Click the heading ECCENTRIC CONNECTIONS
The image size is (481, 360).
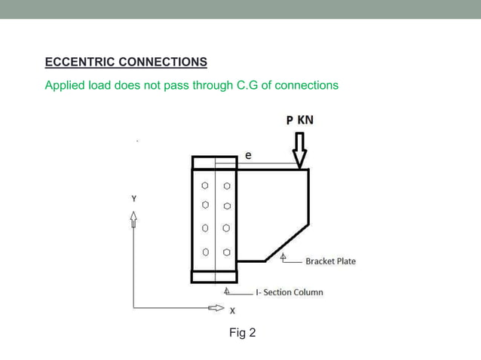coord(126,61)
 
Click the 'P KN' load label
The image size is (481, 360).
coord(299,120)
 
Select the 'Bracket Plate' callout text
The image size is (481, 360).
coord(330,261)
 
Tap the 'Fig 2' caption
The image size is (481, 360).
coord(242,332)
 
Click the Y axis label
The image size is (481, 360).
coord(134,199)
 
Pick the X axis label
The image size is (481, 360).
coord(231,310)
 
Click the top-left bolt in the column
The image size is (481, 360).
coord(204,185)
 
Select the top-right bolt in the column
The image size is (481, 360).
coord(226,185)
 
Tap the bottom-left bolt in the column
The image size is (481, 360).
coord(204,252)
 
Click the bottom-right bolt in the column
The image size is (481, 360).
coord(226,252)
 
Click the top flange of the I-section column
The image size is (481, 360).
coord(215,162)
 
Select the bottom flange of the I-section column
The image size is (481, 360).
coord(215,276)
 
